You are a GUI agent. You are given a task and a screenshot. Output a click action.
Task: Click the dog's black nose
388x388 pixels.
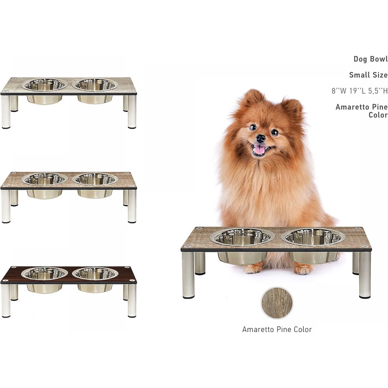[261, 139]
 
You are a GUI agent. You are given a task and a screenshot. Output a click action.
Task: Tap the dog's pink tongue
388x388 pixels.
[259, 150]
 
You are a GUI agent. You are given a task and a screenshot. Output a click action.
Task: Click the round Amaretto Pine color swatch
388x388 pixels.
[277, 303]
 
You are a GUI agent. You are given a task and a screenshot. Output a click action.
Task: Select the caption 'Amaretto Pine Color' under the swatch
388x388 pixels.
[277, 329]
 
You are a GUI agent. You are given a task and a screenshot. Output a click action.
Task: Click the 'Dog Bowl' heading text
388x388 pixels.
[370, 59]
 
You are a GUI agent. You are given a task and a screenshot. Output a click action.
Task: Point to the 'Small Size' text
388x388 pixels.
[369, 75]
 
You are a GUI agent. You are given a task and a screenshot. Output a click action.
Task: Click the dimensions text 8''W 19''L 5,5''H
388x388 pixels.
[360, 91]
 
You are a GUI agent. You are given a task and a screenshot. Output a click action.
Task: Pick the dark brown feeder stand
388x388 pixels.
[69, 291]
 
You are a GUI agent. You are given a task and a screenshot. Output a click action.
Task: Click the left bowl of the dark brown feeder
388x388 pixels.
[44, 279]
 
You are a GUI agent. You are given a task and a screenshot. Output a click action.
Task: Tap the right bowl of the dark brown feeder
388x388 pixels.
[95, 279]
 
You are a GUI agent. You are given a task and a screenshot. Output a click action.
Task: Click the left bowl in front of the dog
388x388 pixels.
[242, 246]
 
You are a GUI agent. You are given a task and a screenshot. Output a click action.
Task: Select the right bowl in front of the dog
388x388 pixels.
[313, 246]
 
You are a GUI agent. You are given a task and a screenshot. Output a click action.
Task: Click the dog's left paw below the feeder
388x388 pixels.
[252, 268]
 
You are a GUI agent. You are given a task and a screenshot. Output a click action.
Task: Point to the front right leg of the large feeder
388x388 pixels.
[365, 275]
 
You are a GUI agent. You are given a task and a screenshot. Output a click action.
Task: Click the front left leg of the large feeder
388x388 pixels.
[188, 275]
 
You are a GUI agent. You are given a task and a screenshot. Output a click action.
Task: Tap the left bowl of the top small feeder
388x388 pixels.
[44, 90]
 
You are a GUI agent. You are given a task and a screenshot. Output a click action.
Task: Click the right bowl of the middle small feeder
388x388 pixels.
[95, 185]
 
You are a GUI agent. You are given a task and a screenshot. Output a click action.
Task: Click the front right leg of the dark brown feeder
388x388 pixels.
[132, 300]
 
